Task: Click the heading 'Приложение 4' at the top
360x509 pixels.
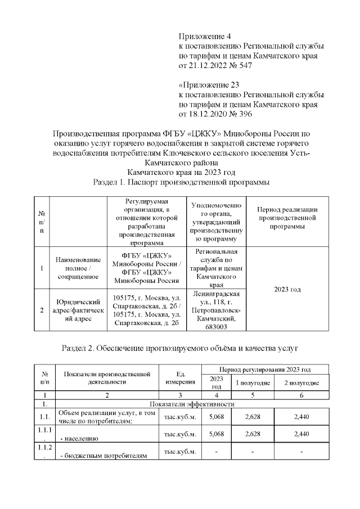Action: [x=205, y=36]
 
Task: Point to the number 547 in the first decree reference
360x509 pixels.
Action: [x=245, y=66]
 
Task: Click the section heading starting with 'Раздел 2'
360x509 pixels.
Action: [x=179, y=348]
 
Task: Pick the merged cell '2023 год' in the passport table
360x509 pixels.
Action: [x=287, y=289]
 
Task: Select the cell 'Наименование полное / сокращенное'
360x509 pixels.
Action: [x=78, y=268]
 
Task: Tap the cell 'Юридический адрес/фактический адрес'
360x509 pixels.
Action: [x=78, y=310]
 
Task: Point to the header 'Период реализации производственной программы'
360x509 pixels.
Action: [x=287, y=218]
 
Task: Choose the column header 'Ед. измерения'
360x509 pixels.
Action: [x=179, y=378]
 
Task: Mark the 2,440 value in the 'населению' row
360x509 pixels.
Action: [x=301, y=434]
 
